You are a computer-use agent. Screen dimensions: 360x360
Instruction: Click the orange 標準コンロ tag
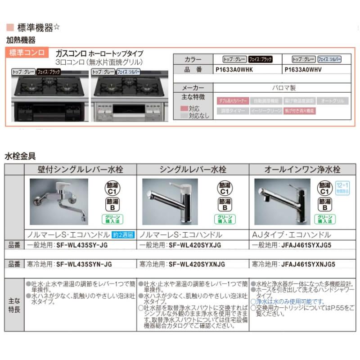27,53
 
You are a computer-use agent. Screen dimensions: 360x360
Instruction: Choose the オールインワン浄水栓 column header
302,169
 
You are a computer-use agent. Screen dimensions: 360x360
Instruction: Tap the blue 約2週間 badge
123,235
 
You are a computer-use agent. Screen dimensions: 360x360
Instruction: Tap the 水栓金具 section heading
20,156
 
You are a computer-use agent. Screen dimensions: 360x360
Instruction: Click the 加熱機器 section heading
20,40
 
